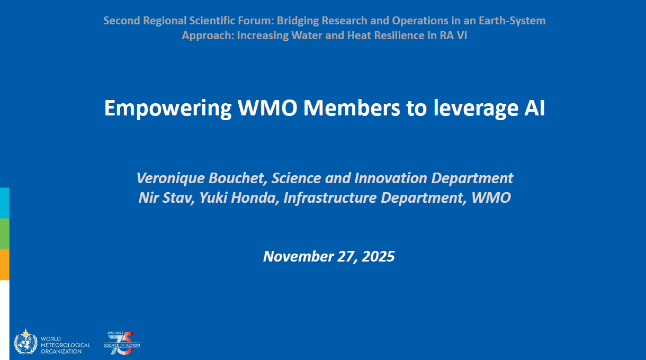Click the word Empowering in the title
[168, 109]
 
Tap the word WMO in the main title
[267, 108]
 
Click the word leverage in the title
[476, 109]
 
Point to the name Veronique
[170, 178]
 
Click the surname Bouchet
[237, 178]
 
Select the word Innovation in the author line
[390, 178]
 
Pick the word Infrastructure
[330, 197]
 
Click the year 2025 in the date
[378, 257]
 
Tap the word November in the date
[298, 257]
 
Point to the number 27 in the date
[346, 257]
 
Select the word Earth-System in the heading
[512, 21]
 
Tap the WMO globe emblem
[25, 342]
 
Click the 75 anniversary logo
[122, 343]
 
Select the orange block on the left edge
[5, 265]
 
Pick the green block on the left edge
[5, 234]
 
